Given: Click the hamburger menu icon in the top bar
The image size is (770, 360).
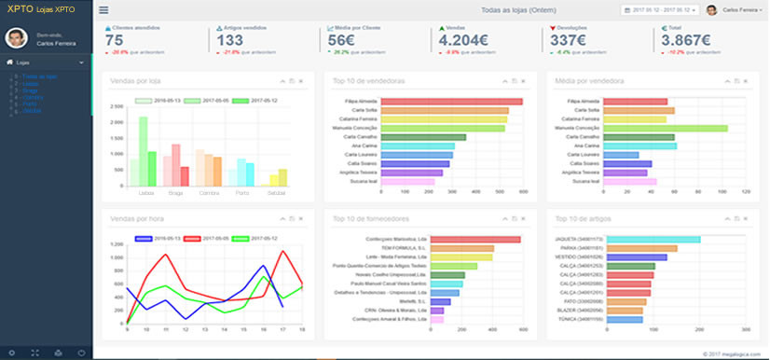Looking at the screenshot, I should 103,10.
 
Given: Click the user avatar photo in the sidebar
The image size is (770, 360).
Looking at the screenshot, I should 15,37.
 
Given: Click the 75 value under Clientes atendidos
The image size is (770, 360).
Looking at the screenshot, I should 114,40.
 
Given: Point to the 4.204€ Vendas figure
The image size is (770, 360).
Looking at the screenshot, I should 463,40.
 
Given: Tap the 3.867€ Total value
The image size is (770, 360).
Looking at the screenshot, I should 681,40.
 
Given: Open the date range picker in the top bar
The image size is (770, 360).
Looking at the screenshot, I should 658,10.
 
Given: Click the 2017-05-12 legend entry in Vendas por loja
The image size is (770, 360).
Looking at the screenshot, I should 254,100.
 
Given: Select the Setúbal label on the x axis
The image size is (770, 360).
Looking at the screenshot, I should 277,193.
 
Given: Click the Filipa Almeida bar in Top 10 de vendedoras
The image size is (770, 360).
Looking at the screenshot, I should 476,101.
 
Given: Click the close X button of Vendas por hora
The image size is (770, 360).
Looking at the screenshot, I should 301,218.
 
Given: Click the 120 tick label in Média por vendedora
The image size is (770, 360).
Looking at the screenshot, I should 746,191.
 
